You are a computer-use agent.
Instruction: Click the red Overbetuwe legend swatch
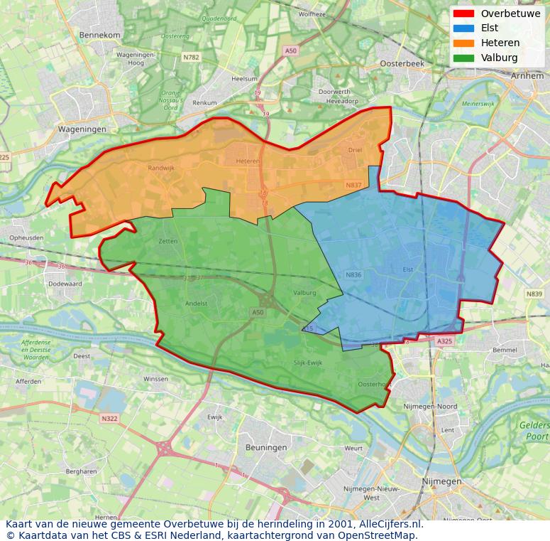[463, 14]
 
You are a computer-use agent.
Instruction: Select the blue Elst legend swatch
[463, 28]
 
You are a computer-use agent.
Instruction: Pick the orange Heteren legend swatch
[463, 43]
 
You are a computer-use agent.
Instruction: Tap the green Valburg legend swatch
[463, 58]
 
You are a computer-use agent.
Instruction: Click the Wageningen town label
[82, 129]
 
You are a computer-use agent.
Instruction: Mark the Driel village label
[355, 150]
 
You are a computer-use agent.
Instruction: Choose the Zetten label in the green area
[168, 241]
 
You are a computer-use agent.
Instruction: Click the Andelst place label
[196, 303]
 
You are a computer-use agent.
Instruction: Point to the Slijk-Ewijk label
[307, 362]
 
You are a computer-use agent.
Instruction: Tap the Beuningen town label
[266, 447]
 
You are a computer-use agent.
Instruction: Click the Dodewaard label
[65, 284]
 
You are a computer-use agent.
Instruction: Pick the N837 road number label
[353, 185]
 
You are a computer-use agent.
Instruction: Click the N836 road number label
[353, 274]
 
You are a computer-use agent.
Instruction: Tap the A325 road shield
[444, 342]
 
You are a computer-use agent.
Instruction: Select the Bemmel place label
[505, 350]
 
